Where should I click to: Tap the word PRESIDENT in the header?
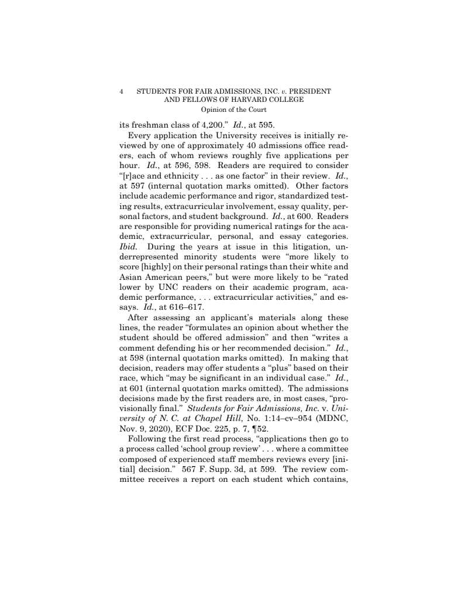pyautogui.click(x=307, y=91)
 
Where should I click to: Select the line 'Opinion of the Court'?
pyautogui.click(x=233, y=109)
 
